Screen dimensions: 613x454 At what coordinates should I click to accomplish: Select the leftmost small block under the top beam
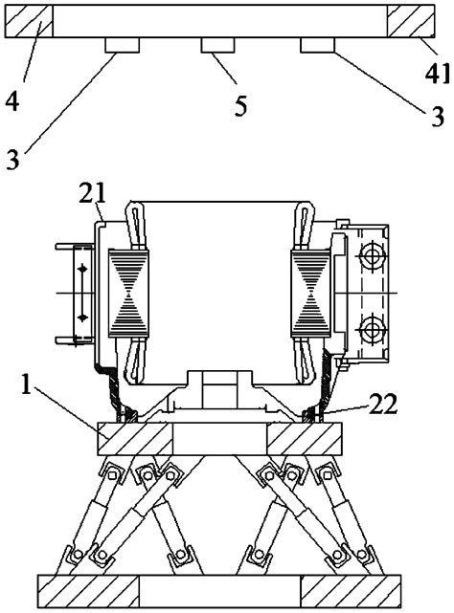click(x=123, y=46)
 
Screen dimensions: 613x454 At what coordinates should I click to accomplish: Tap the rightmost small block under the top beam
click(x=317, y=46)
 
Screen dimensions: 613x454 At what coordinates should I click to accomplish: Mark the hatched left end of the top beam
click(x=29, y=21)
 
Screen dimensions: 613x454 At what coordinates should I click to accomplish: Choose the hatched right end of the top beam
click(x=408, y=21)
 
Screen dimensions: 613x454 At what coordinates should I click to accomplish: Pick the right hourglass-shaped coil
click(x=307, y=294)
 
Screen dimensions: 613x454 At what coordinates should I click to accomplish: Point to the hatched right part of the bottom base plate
click(x=342, y=590)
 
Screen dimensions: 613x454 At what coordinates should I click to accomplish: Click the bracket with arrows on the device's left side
click(x=76, y=292)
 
